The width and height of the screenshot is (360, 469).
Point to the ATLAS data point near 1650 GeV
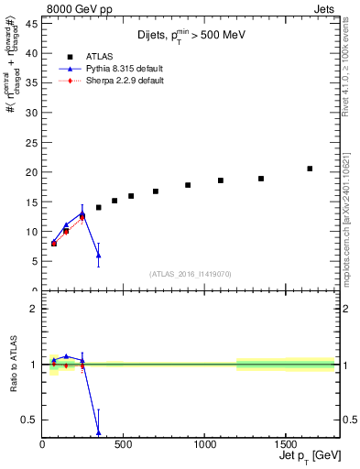point(310,169)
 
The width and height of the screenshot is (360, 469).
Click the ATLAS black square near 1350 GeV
point(261,179)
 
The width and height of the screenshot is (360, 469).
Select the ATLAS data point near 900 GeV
point(188,185)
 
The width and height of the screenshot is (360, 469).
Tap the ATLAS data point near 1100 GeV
point(221,180)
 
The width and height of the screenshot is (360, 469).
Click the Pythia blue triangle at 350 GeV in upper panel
point(99,256)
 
